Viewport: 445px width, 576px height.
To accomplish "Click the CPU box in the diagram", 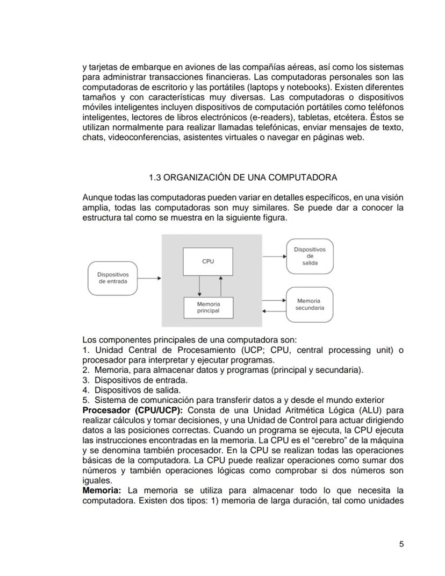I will [208, 261].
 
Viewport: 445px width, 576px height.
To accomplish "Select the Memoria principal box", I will [208, 308].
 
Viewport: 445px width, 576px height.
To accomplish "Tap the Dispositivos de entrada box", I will [113, 278].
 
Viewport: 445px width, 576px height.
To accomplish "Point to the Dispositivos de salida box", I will [310, 256].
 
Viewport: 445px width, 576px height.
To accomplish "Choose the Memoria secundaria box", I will [310, 304].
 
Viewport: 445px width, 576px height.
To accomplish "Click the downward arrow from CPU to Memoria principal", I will [199, 285].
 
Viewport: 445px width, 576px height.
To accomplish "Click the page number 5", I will [401, 544].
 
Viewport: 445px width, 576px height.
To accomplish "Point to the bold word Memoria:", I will [102, 490].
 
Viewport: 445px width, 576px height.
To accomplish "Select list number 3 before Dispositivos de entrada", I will [85, 380].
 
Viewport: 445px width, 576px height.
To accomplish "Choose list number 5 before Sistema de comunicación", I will [85, 400].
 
